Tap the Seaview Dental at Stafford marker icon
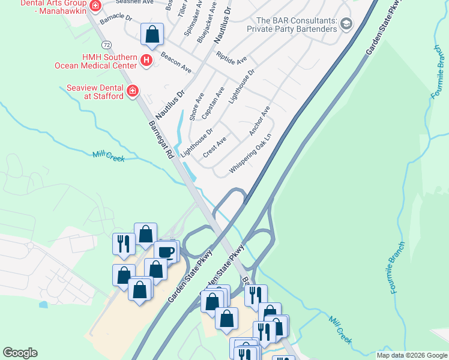[133, 92]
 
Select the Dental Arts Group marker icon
[95, 6]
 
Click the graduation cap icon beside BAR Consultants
[346, 24]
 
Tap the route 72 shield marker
[106, 45]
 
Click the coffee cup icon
[166, 252]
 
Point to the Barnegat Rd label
[161, 140]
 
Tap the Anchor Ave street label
[260, 121]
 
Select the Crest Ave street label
[214, 146]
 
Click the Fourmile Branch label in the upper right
[436, 71]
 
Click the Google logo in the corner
[20, 353]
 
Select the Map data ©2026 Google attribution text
[411, 355]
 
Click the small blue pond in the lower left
[43, 304]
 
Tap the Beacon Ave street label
[176, 62]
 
